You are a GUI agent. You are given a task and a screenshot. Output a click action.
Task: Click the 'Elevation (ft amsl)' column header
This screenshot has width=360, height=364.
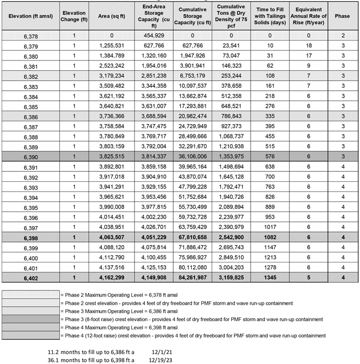coord(31,16)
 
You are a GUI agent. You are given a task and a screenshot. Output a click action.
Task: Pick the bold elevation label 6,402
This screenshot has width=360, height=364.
coord(31,278)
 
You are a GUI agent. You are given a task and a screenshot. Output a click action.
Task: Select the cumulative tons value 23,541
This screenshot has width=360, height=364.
coord(234,46)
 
